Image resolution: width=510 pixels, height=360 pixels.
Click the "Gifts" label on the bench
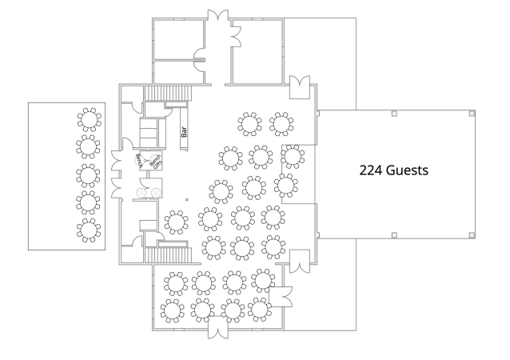(x=156, y=160)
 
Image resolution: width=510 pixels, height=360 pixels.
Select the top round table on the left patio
(x=90, y=120)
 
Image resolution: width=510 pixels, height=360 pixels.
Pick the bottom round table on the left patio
(x=90, y=230)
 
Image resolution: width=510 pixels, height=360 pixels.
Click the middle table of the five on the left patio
(x=90, y=175)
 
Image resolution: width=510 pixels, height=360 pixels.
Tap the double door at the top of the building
(x=218, y=18)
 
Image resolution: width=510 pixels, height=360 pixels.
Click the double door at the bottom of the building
(x=218, y=328)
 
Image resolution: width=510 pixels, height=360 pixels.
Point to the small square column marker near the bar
(x=185, y=199)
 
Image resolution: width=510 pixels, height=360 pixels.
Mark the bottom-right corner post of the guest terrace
(x=471, y=234)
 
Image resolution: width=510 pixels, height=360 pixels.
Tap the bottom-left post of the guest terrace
(x=394, y=234)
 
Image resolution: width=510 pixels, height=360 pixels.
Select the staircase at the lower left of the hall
(x=169, y=255)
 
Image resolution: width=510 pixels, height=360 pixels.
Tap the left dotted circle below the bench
(x=141, y=194)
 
